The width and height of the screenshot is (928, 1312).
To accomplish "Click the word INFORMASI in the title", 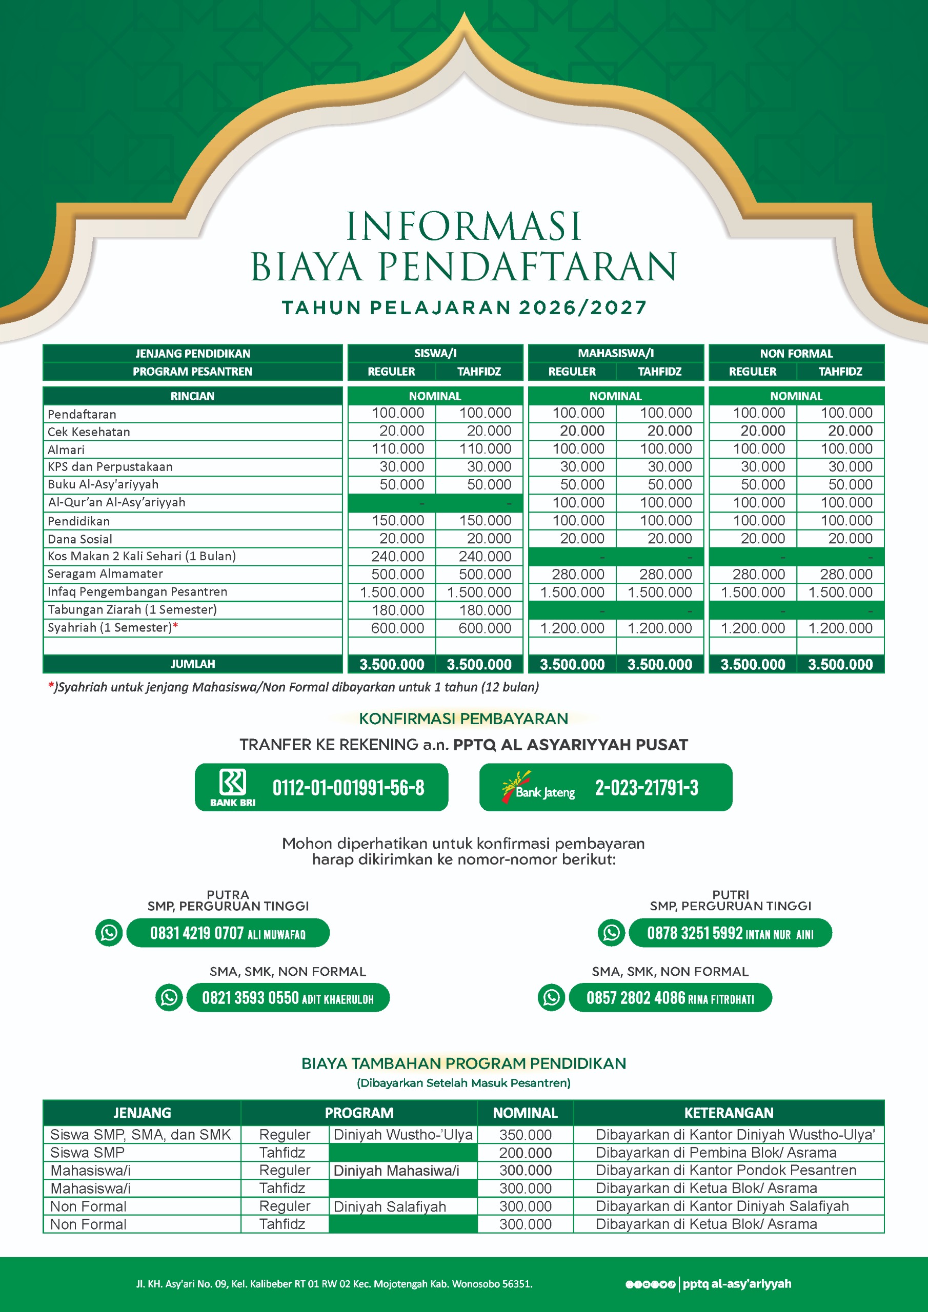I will coord(463,227).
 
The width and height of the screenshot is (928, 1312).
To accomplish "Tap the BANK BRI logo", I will coord(233,786).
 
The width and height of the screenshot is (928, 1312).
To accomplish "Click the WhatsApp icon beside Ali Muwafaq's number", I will coord(109,933).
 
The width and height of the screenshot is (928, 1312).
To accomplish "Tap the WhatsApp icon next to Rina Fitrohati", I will coord(551,997).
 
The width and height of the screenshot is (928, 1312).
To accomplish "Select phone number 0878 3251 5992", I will coord(694,933).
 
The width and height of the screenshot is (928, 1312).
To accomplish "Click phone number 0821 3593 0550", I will coord(250,998).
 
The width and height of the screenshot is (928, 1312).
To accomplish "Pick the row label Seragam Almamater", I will coord(105,573).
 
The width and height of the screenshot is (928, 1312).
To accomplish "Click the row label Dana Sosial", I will coord(80,539).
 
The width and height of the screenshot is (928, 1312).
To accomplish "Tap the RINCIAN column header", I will coord(192,396).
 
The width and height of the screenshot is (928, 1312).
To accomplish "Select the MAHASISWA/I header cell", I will coord(615,353).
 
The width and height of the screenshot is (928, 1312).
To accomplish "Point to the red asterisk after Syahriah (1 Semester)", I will coord(175,626).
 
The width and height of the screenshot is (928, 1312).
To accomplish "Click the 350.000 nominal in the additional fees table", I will coord(525,1135).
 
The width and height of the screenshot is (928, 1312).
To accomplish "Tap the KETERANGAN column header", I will coord(729,1113).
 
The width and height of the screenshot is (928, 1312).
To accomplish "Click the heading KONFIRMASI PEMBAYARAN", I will coord(463,719).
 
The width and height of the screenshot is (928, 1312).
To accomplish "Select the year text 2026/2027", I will coord(582,307).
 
